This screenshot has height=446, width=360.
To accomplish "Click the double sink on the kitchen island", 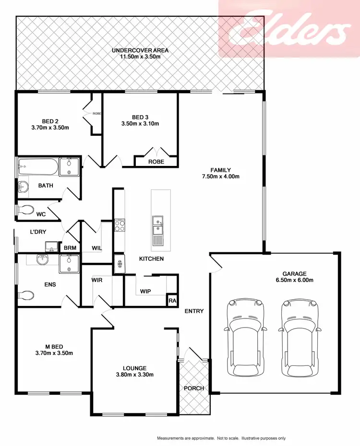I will [157, 230].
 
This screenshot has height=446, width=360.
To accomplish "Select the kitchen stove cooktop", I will [120, 225].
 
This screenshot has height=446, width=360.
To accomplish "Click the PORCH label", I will [194, 388].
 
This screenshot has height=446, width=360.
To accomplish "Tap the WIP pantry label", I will [146, 291].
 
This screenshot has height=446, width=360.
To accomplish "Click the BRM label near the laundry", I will [70, 248].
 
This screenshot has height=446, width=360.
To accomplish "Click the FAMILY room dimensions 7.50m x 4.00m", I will [221, 176].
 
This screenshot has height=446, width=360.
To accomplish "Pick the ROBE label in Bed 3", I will [156, 162].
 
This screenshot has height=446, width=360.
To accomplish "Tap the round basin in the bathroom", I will [23, 187].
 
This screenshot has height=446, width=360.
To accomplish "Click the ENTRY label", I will [194, 311].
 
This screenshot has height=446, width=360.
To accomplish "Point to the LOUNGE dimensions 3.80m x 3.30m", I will [134, 375].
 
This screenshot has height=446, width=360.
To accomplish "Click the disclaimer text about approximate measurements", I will [221, 438].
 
